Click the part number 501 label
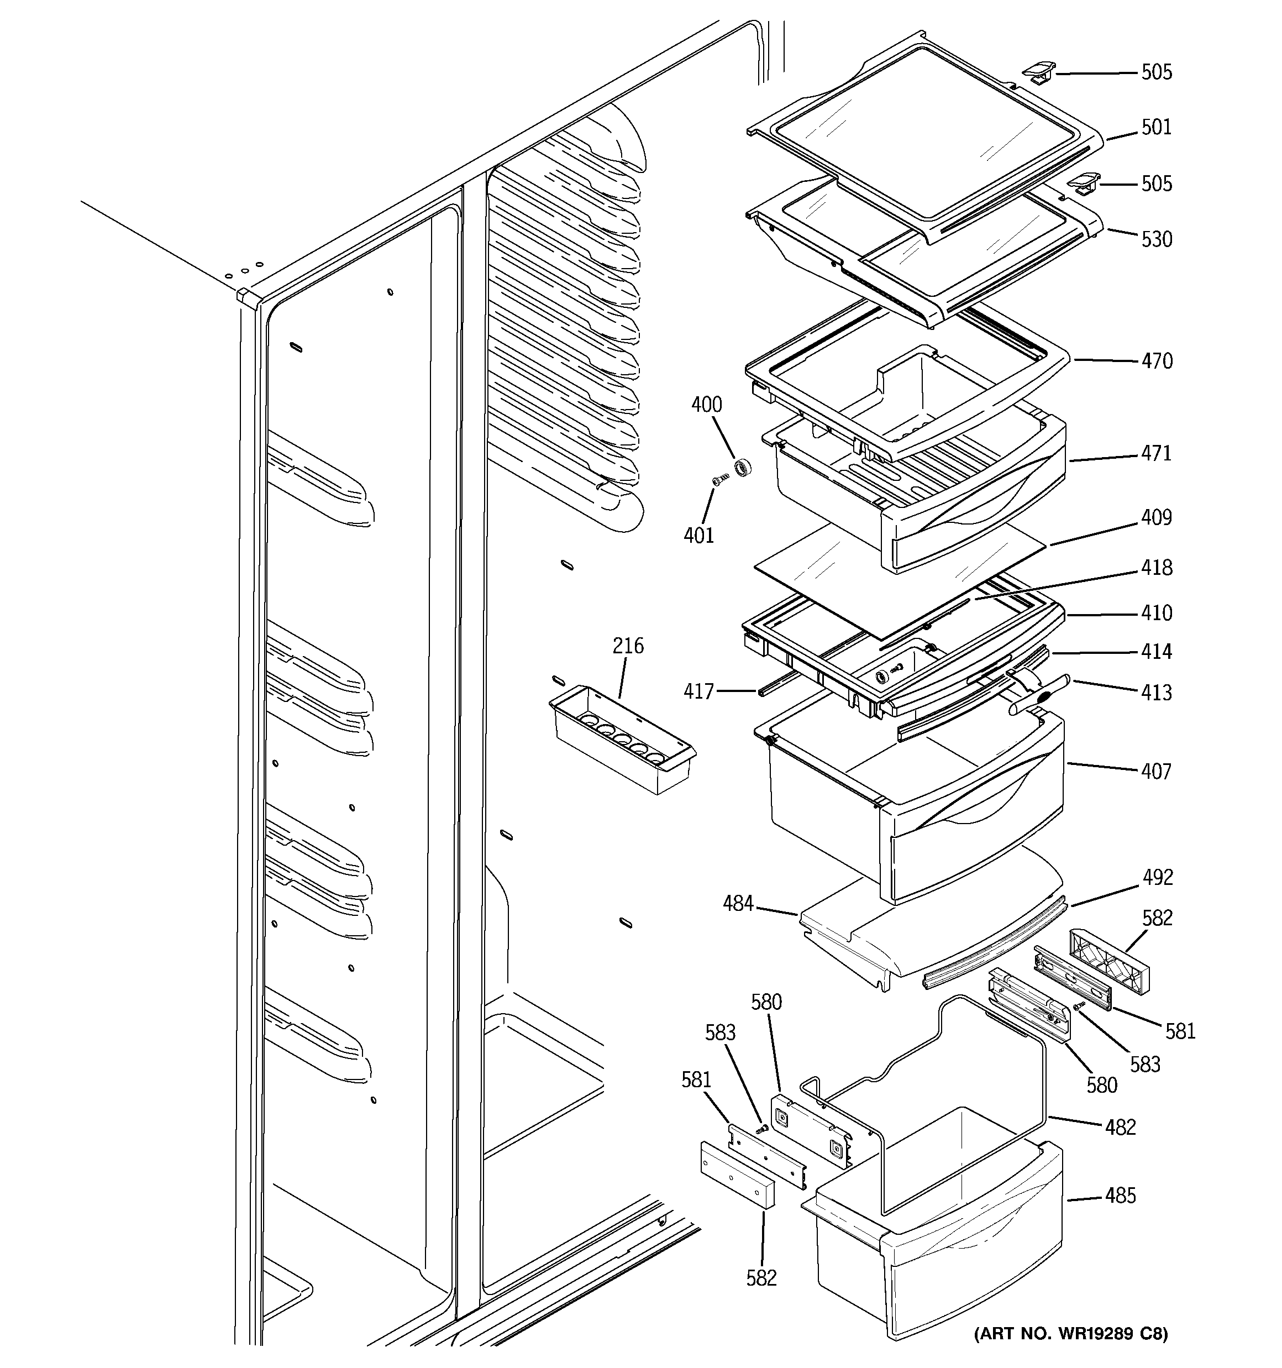coord(1156,127)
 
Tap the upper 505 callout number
coord(1156,72)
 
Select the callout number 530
coord(1156,239)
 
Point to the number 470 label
coord(1156,361)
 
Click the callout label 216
coord(628,646)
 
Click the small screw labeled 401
coord(718,481)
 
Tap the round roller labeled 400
coord(742,469)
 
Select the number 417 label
coord(698,691)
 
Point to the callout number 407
coord(1155,772)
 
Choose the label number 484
coord(738,904)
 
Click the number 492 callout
coord(1158,877)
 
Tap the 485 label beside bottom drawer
coord(1120,1196)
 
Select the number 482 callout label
coord(1120,1127)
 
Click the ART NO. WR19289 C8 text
coord(1070,1334)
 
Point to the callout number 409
coord(1156,517)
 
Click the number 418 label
coord(1156,568)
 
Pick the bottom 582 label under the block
coord(761,1278)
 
